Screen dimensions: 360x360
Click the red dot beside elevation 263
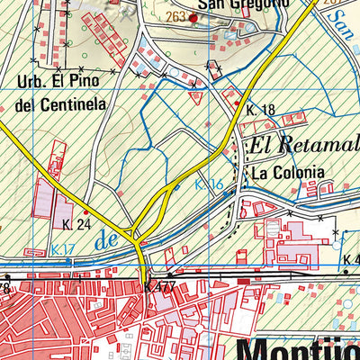192,16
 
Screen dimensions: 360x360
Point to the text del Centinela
61,104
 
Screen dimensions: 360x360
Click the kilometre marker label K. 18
259,109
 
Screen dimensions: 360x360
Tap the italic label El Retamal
303,143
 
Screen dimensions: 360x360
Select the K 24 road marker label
76,223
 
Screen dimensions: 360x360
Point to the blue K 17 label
63,249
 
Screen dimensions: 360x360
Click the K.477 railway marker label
159,287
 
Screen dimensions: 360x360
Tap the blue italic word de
106,240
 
